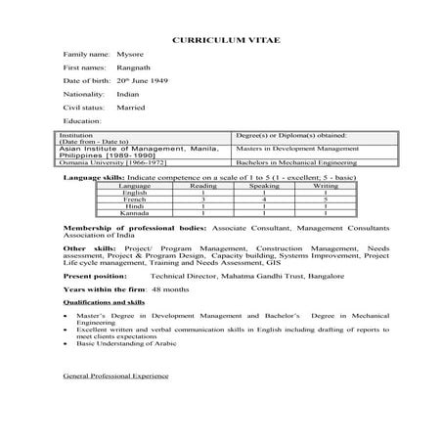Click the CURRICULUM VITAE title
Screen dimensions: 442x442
pos(220,44)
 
